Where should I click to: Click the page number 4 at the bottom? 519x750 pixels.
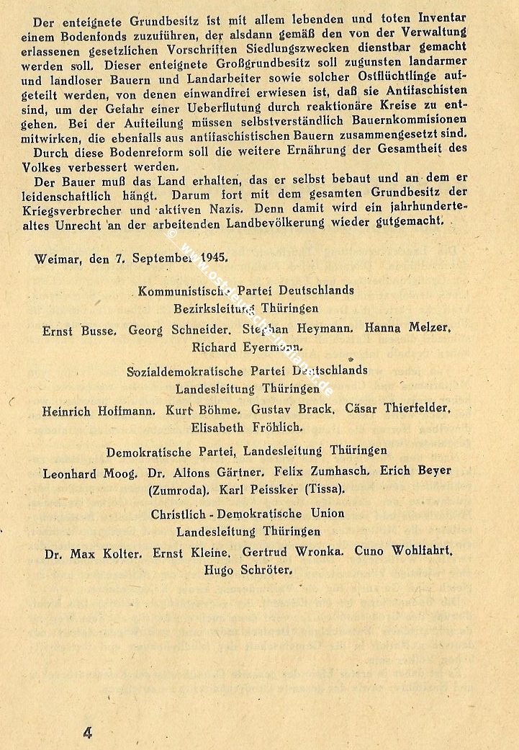[x=87, y=732]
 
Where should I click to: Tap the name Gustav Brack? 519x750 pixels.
[x=292, y=409]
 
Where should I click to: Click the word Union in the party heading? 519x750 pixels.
[x=325, y=514]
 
